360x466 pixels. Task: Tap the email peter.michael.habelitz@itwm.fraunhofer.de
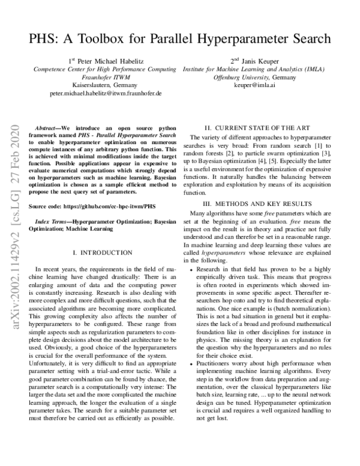point(106,94)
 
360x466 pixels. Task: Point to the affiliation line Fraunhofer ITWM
point(106,77)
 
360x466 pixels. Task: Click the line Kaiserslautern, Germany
point(106,86)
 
